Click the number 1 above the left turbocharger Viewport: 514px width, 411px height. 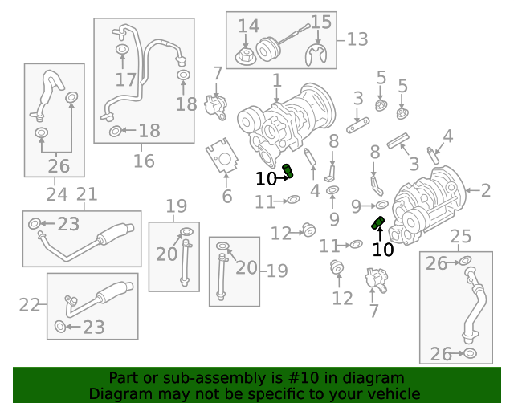[276, 81]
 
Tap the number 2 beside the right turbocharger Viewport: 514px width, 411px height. [485, 190]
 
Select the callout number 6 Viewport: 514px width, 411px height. [227, 197]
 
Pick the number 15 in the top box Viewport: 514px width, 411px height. [320, 22]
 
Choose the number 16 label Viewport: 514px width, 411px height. [144, 161]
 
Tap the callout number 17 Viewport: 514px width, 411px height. [126, 79]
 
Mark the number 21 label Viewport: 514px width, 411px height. [86, 193]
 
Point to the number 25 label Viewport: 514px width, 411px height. [460, 236]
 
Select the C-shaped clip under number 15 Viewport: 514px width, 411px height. [318, 55]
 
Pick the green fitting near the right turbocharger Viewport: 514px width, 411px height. [377, 222]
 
